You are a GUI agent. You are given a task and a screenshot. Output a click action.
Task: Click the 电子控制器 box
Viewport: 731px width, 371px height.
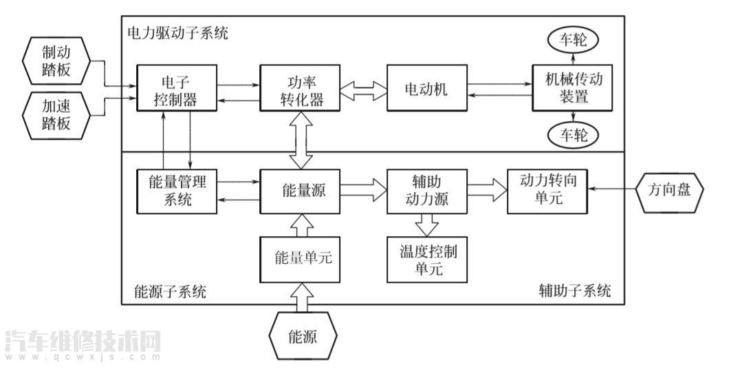tap(176, 87)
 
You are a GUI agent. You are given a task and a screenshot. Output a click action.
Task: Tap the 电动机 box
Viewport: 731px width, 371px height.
tap(426, 88)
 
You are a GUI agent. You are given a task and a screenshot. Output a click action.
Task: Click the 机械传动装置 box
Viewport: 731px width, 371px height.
tap(572, 87)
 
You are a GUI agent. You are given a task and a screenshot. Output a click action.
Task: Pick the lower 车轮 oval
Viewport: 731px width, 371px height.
tap(572, 136)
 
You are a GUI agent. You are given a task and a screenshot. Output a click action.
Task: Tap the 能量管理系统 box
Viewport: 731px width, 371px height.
tap(176, 190)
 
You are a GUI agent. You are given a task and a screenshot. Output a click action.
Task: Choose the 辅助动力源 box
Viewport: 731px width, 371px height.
tap(426, 190)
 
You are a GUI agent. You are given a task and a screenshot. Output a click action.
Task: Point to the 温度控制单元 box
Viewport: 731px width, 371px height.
tap(426, 259)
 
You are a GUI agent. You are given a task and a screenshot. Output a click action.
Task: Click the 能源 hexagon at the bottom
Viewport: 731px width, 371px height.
tap(303, 336)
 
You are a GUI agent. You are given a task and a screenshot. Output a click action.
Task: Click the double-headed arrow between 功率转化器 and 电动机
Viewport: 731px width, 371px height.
tap(364, 89)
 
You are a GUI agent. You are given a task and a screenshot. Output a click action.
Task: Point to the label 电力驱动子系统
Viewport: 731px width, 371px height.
tap(177, 32)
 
